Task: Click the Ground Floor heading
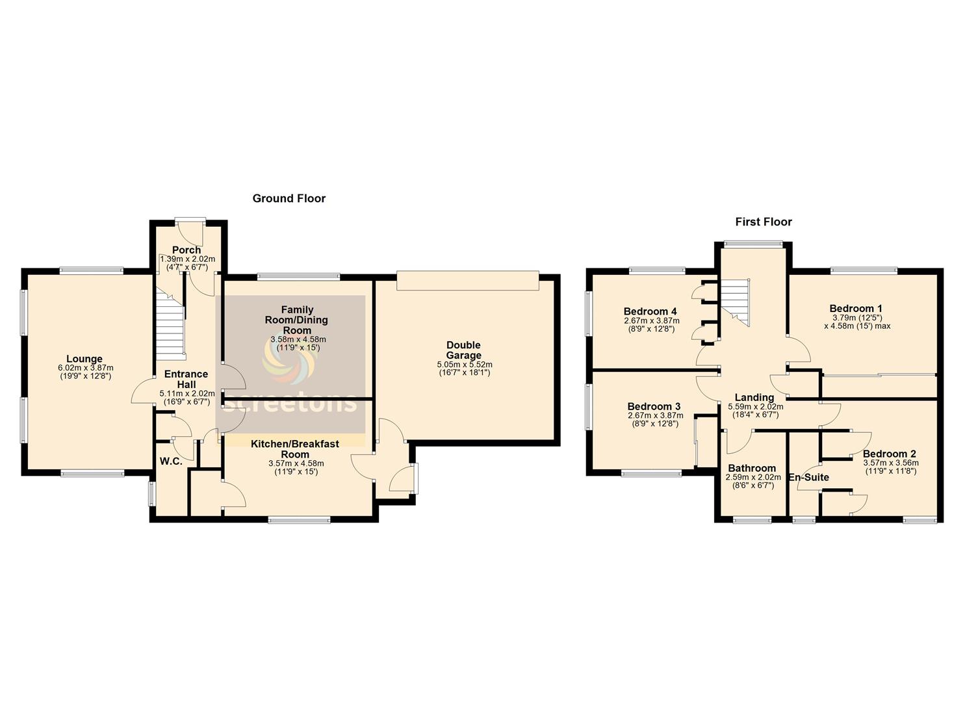(289, 199)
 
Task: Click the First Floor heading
(764, 222)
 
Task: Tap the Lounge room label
(84, 359)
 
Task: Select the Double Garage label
(463, 350)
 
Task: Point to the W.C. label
(171, 461)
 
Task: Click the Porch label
(187, 250)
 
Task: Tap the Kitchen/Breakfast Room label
(295, 449)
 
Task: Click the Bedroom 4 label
(650, 311)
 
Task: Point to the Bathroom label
(752, 468)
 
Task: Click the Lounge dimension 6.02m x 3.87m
(85, 368)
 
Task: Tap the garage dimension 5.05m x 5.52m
(465, 365)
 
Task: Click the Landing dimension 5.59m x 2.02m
(756, 406)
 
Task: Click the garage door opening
(467, 280)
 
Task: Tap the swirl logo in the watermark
(290, 362)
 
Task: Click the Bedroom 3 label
(654, 406)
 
